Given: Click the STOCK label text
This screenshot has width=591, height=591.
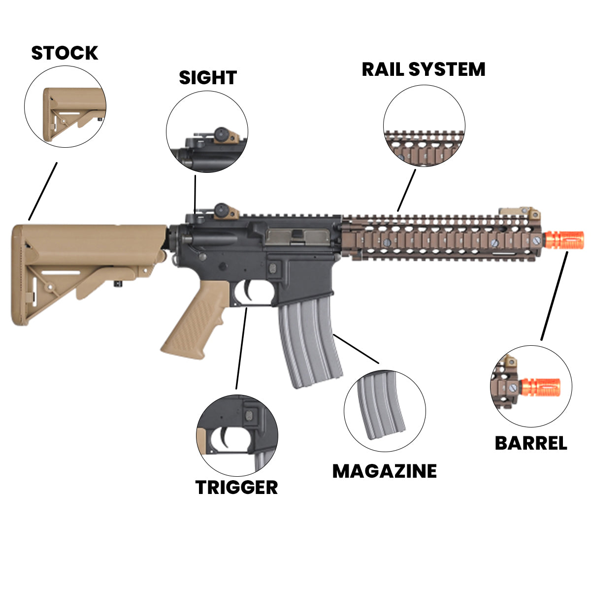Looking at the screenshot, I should pyautogui.click(x=65, y=53).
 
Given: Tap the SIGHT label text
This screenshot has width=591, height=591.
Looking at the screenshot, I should pyautogui.click(x=207, y=78).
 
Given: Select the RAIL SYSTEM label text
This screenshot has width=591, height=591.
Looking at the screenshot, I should pyautogui.click(x=424, y=69).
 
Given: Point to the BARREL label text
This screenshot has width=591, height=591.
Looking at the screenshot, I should pyautogui.click(x=531, y=443).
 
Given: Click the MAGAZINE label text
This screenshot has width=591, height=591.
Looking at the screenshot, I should pyautogui.click(x=384, y=471).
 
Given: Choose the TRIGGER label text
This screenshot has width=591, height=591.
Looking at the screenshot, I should pyautogui.click(x=237, y=488).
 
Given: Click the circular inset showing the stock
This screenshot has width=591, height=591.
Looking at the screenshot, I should pyautogui.click(x=65, y=107).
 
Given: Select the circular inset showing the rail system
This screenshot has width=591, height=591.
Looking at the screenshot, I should pyautogui.click(x=424, y=125).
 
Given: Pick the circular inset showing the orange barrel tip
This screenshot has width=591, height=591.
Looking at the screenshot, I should pyautogui.click(x=531, y=386).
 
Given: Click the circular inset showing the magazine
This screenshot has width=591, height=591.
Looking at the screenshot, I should pyautogui.click(x=385, y=411).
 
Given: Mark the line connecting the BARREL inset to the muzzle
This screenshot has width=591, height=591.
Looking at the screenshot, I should pyautogui.click(x=555, y=295).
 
